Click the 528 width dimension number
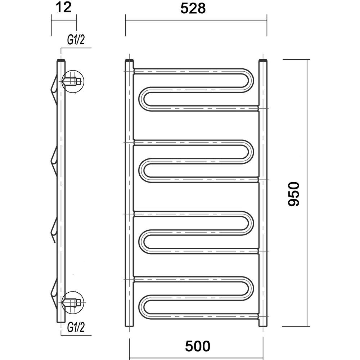193,9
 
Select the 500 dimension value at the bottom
198,346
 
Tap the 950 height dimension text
294,194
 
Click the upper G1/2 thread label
76,40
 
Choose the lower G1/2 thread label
76,327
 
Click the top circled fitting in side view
73,81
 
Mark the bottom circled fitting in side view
73,302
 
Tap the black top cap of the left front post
129,60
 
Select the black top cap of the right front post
263,60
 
